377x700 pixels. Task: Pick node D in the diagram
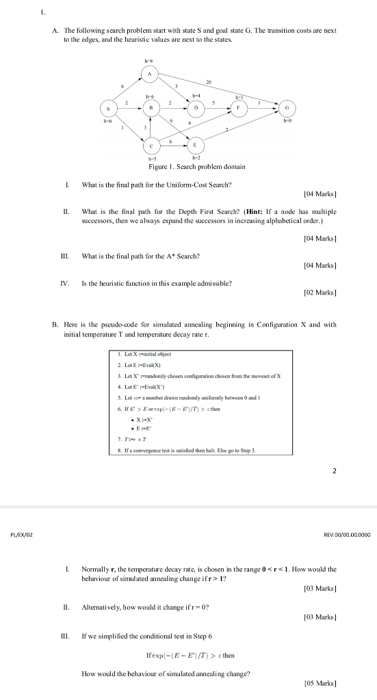[x=196, y=107]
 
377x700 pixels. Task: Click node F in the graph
[x=239, y=107]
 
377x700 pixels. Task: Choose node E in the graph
[x=196, y=145]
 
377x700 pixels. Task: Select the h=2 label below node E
[x=196, y=159]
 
